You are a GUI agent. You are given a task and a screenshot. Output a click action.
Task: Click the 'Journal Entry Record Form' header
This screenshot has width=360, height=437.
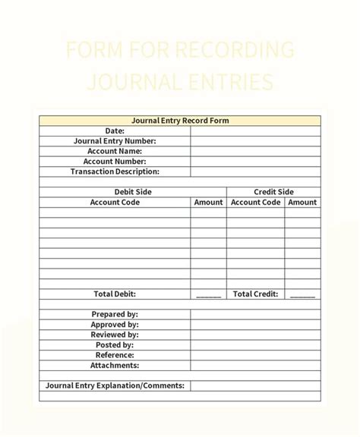pyautogui.click(x=180, y=121)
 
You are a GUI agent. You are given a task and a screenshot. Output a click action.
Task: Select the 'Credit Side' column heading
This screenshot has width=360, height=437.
pyautogui.click(x=273, y=192)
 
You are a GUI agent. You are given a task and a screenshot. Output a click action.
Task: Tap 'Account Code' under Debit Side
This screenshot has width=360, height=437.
pyautogui.click(x=115, y=203)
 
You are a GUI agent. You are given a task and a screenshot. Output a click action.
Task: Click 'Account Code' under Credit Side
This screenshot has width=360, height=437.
pyautogui.click(x=255, y=203)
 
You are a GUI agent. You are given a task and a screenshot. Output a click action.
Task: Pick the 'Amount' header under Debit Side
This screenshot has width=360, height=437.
pyautogui.click(x=208, y=203)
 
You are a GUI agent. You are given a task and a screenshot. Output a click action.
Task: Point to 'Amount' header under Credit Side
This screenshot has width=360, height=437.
pyautogui.click(x=302, y=203)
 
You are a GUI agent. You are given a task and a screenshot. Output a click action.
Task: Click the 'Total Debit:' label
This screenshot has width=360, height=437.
pyautogui.click(x=115, y=294)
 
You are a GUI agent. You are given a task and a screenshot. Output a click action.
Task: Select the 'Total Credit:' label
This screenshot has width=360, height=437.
pyautogui.click(x=255, y=294)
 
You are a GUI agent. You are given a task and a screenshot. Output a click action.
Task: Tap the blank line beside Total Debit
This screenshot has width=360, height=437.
pyautogui.click(x=208, y=296)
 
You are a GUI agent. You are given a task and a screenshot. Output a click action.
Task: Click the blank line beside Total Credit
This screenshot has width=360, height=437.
pyautogui.click(x=302, y=296)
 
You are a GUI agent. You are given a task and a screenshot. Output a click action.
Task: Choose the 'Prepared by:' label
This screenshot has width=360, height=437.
pyautogui.click(x=115, y=314)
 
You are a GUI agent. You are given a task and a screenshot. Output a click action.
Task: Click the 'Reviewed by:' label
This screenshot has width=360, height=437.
pyautogui.click(x=115, y=335)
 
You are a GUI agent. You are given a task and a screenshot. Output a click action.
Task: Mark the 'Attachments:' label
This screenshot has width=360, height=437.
pyautogui.click(x=115, y=365)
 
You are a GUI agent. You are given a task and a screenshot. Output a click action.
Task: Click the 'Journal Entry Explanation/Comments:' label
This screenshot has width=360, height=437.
pyautogui.click(x=115, y=385)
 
